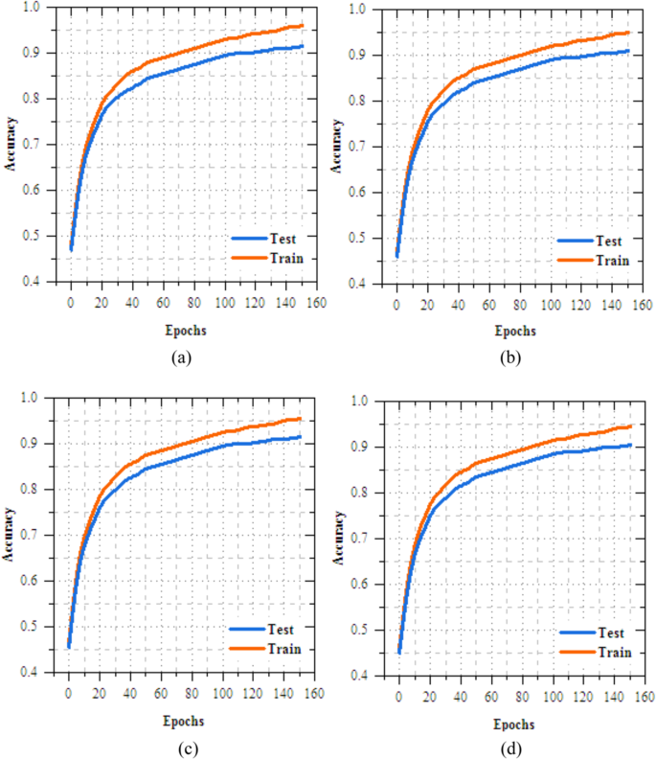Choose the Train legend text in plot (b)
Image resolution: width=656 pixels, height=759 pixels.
[x=613, y=261]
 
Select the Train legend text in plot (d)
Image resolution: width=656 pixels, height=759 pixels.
[x=615, y=652]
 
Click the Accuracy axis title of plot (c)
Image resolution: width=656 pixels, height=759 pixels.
[x=10, y=536]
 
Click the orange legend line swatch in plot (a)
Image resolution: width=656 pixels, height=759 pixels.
[x=248, y=259]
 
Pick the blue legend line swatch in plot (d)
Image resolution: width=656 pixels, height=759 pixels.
[x=578, y=632]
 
